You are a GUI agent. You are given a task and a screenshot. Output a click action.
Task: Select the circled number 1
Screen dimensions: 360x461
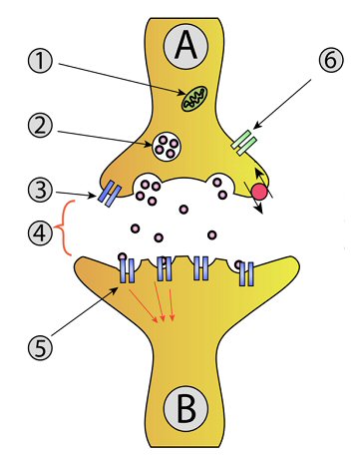click(40, 62)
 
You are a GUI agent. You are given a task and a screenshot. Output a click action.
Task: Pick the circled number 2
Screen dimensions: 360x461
click(40, 127)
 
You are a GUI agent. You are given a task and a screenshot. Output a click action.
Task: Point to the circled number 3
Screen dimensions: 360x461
click(40, 191)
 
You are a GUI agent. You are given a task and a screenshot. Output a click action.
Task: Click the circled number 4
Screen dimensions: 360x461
click(40, 232)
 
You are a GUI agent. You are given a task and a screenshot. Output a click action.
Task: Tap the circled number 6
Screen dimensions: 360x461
click(330, 60)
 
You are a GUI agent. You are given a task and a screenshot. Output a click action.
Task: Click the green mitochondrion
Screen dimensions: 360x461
click(194, 99)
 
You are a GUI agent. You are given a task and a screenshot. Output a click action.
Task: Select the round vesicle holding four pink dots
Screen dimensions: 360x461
click(167, 146)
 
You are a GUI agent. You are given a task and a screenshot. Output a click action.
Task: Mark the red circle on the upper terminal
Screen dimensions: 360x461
click(259, 192)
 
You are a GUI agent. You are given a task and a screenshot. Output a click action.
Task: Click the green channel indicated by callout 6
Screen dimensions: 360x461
click(244, 143)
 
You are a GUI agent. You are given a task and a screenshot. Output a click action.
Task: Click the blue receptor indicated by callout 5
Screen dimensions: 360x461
click(127, 269)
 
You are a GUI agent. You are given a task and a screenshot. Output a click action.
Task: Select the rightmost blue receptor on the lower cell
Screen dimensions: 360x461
click(246, 273)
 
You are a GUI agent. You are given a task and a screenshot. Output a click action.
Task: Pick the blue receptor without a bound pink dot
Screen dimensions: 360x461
click(201, 267)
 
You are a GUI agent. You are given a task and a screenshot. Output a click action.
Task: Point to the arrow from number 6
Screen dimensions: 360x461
click(281, 104)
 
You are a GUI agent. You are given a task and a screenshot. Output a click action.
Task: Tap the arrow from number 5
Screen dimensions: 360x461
click(85, 310)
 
